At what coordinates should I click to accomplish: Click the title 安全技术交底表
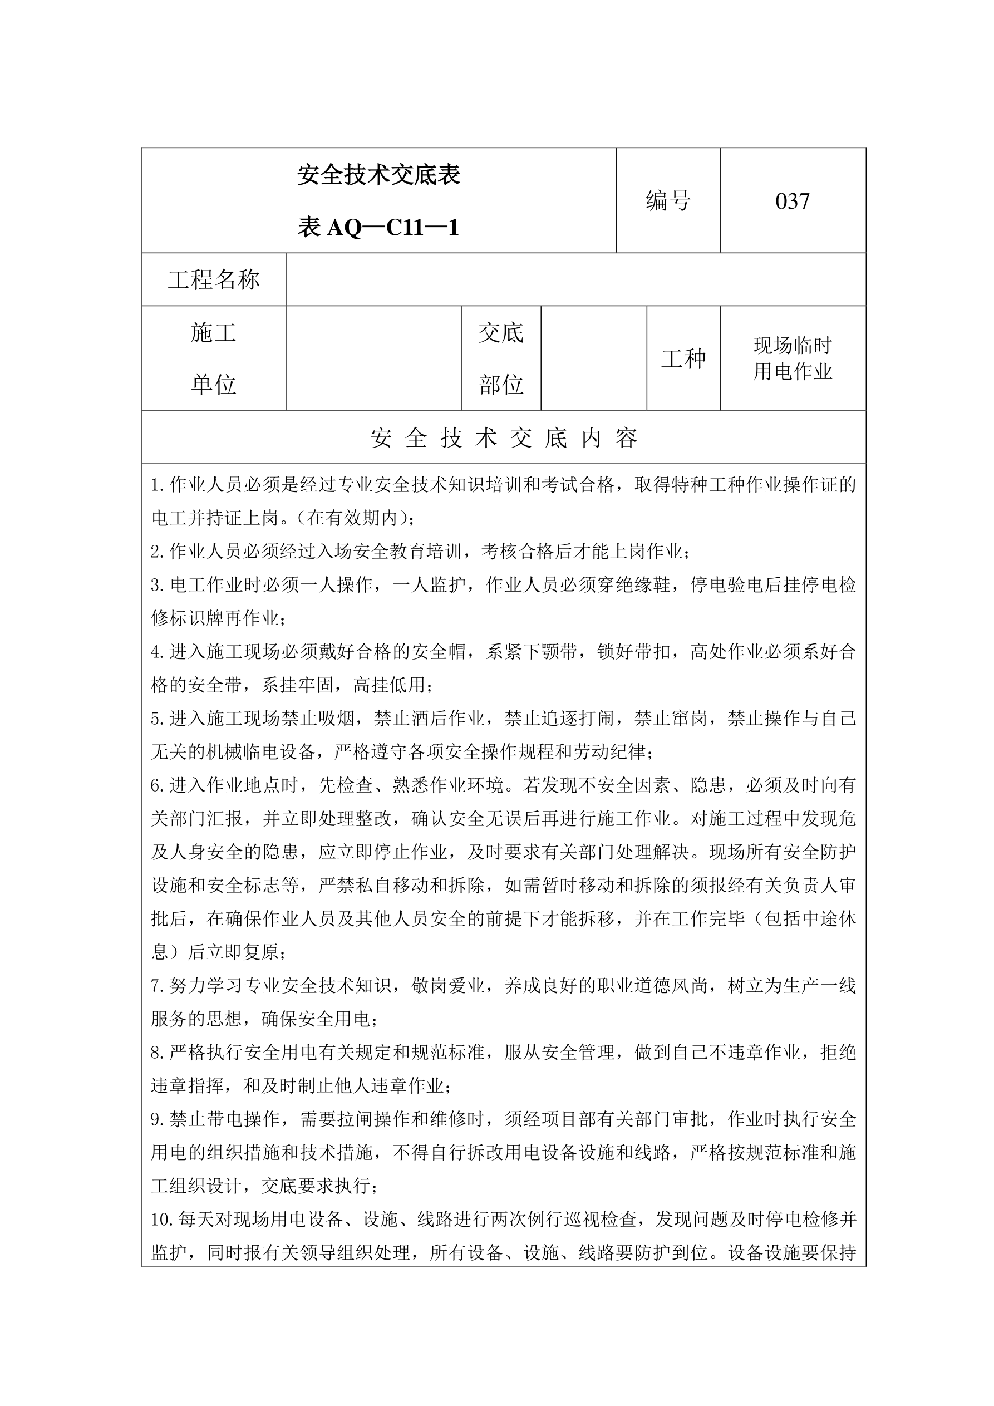tap(378, 175)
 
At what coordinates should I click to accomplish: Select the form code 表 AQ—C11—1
tap(378, 228)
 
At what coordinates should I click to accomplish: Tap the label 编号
tap(667, 201)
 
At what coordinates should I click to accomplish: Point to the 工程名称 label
tap(214, 280)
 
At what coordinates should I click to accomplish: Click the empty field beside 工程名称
tap(575, 280)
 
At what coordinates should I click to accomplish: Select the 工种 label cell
tap(683, 359)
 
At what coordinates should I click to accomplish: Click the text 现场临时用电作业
tap(793, 359)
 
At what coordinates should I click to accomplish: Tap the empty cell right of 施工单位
tap(373, 359)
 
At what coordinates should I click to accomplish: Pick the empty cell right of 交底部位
tap(593, 359)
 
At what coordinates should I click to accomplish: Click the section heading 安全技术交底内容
tap(504, 438)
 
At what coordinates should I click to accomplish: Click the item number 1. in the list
tap(158, 485)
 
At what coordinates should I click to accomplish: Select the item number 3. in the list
tap(158, 586)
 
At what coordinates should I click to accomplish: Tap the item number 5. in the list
tap(158, 719)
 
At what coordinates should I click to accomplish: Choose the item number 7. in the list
tap(158, 986)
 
